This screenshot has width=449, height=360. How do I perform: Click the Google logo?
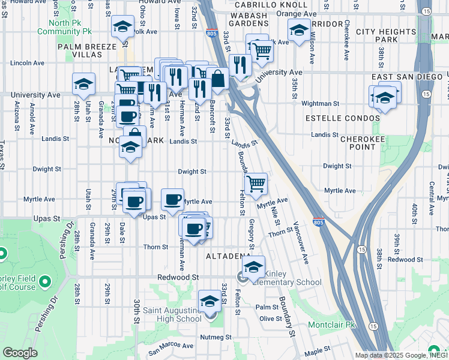pyautogui.click(x=20, y=353)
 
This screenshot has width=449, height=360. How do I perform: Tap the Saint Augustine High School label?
pyautogui.click(x=172, y=314)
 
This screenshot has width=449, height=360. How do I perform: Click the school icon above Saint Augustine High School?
pyautogui.click(x=209, y=302)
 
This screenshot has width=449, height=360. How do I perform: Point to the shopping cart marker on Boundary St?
pyautogui.click(x=256, y=184)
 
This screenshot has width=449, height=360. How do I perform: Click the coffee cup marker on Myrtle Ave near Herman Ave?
pyautogui.click(x=173, y=200)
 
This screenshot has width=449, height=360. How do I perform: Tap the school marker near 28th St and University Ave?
pyautogui.click(x=83, y=84)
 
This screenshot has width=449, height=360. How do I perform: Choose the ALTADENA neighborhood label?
pyautogui.click(x=228, y=256)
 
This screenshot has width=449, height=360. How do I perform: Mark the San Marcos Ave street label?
pyautogui.click(x=171, y=346)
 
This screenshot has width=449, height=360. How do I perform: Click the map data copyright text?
pyautogui.click(x=401, y=355)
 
